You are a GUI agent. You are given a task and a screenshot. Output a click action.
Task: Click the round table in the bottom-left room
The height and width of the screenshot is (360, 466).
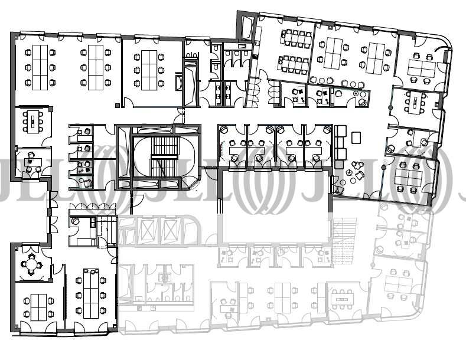click(31, 264)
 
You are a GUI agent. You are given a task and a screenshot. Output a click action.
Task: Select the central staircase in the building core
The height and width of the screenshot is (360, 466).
click(164, 157)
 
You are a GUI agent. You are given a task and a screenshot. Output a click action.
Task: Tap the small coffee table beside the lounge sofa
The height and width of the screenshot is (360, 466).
click(356, 138)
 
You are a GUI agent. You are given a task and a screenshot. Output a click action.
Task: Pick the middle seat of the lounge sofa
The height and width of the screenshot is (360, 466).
click(341, 143)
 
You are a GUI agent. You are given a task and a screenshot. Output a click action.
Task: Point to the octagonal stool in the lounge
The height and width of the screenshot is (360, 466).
click(349, 173)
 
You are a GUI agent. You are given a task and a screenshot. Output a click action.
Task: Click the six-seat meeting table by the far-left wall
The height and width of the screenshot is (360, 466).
click(33, 122)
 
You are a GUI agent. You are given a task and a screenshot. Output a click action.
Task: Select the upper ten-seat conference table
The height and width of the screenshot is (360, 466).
click(296, 37)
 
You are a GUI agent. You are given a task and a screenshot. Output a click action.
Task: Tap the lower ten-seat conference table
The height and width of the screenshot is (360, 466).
click(294, 64)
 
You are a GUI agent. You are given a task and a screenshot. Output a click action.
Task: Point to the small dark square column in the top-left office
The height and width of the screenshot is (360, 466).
click(118, 105)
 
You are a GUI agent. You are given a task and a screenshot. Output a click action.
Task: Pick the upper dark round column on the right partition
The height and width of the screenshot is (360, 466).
click(390, 107)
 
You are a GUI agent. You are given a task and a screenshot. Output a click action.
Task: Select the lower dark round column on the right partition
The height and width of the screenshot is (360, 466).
click(384, 168)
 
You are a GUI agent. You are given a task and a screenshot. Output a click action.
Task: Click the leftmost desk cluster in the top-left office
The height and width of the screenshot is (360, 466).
click(40, 67)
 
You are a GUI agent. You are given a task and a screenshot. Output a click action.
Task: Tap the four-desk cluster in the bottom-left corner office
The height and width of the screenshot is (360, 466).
click(38, 307)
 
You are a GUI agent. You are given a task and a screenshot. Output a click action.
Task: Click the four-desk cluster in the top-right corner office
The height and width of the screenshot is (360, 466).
click(422, 68)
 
